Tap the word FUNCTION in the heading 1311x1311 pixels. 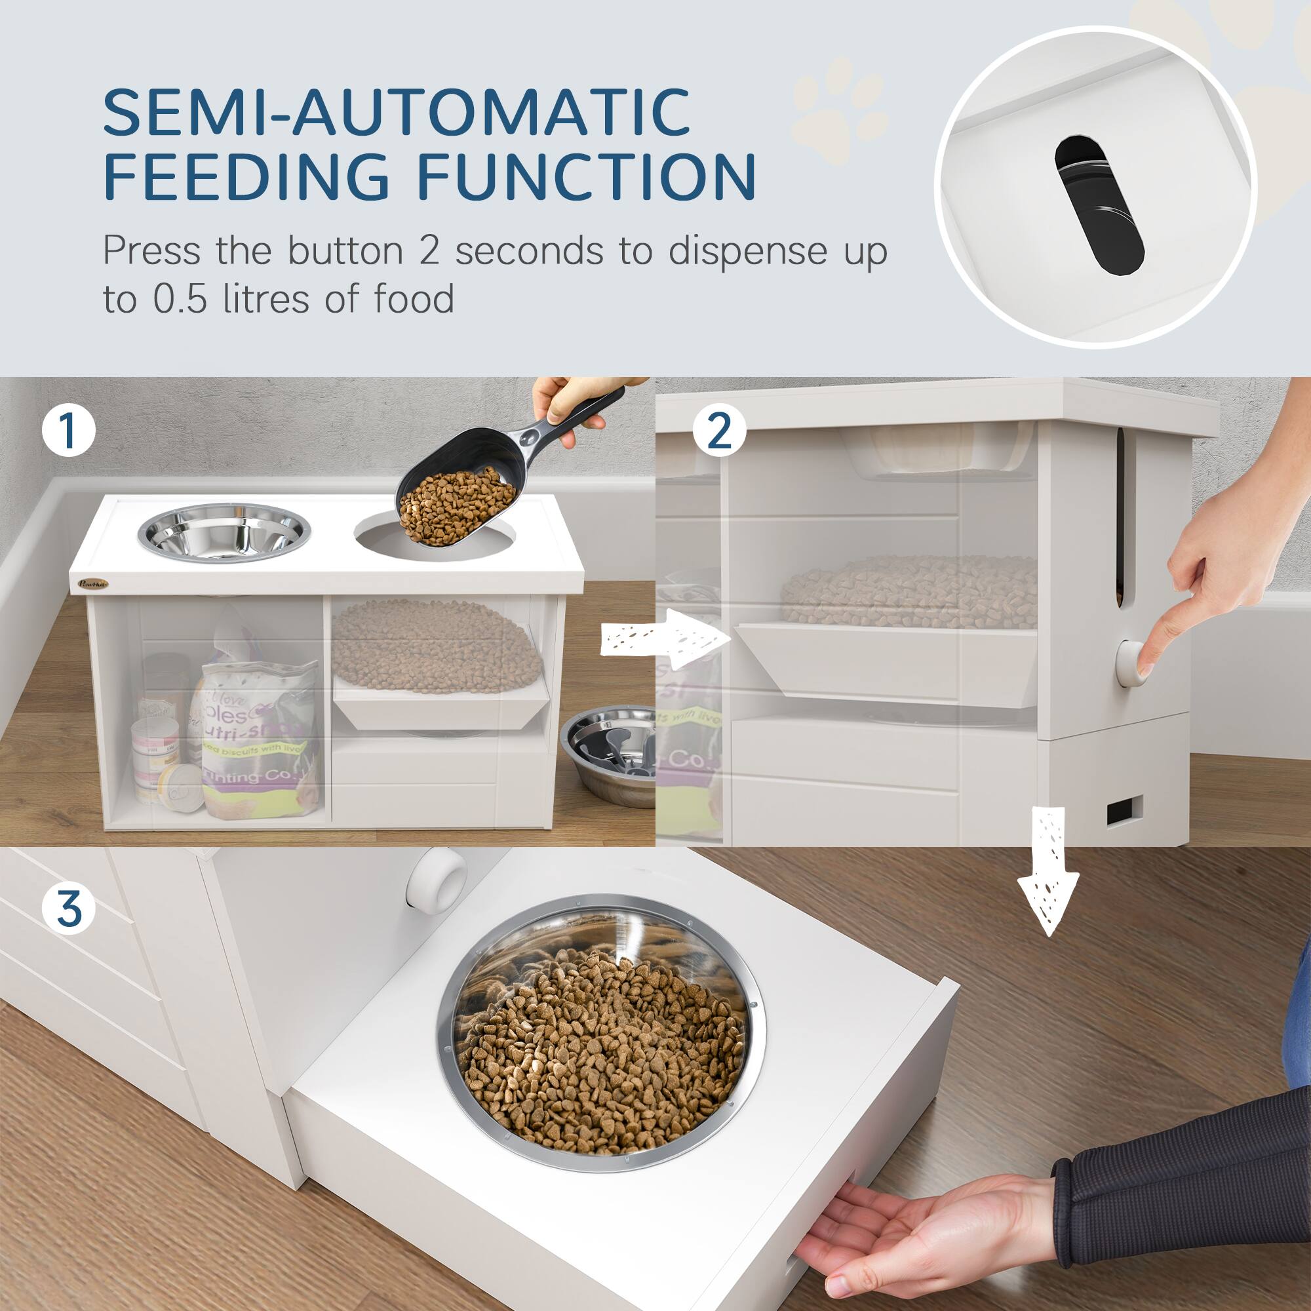click(586, 176)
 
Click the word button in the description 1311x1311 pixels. click(345, 251)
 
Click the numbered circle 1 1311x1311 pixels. click(68, 431)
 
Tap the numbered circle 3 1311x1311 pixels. click(69, 909)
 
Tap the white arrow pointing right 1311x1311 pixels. click(665, 638)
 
